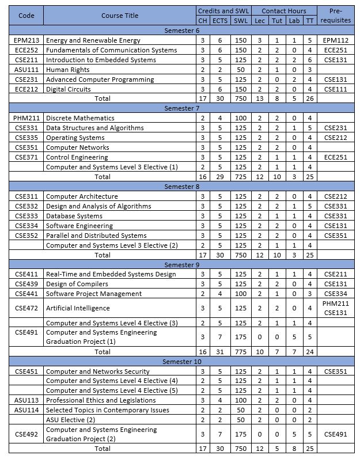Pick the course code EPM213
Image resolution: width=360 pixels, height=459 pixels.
(26, 41)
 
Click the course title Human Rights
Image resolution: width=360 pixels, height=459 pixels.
(68, 70)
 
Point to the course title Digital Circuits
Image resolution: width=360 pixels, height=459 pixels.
(69, 89)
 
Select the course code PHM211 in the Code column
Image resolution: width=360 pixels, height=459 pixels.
(26, 118)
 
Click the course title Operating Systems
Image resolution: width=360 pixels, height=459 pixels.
(75, 138)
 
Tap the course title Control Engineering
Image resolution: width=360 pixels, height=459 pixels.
(77, 157)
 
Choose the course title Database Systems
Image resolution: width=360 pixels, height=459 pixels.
(74, 216)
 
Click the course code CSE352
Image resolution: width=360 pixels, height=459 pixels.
(26, 236)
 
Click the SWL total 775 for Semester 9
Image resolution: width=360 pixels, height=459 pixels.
(238, 351)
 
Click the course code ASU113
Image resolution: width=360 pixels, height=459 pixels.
(26, 400)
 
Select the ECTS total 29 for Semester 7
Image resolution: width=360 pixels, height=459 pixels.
(219, 176)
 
